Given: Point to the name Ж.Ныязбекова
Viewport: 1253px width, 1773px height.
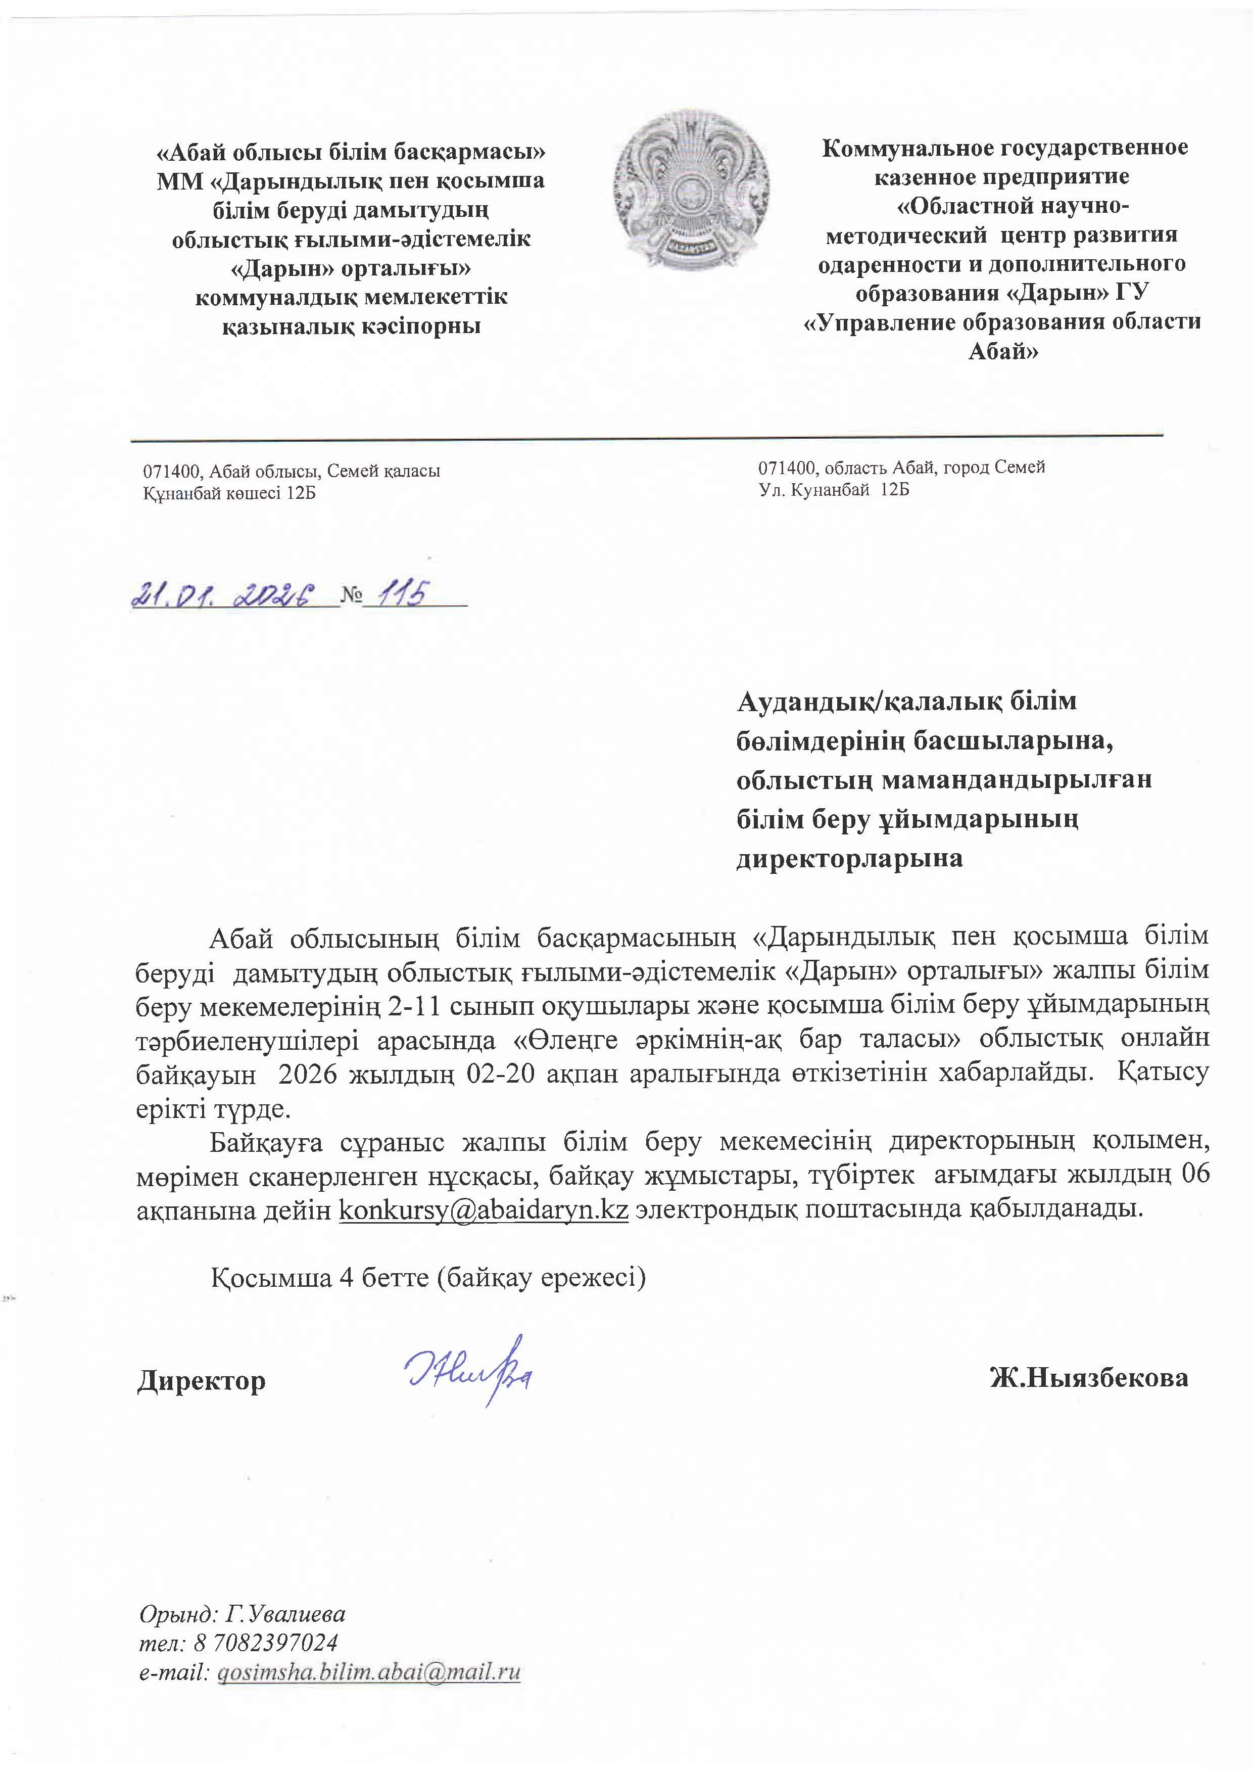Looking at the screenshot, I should point(1089,1378).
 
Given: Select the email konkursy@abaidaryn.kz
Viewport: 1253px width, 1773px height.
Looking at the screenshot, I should point(484,1209).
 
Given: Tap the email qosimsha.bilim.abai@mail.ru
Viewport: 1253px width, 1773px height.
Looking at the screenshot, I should point(369,1672).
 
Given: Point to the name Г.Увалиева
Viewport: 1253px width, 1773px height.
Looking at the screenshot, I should point(285,1614).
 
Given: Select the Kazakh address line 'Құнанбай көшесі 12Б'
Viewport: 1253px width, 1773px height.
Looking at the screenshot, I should point(229,493).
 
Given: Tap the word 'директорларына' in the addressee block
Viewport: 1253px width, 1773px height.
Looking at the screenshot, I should point(849,859).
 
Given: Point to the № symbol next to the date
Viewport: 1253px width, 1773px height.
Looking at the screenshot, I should point(351,596).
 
